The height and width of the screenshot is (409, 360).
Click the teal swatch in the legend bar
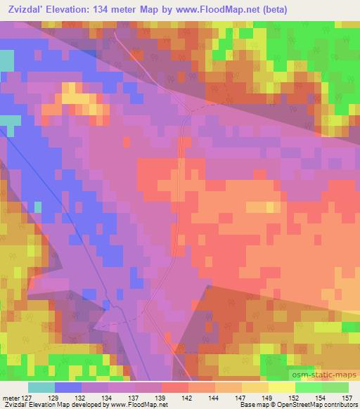pos(41,387)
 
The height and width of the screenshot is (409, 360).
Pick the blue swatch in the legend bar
pos(68,387)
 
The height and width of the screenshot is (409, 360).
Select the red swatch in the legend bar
pos(175,387)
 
